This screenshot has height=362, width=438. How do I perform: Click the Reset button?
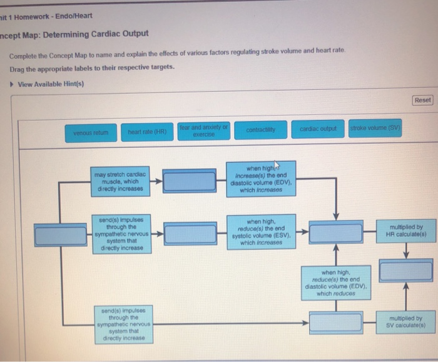(423, 100)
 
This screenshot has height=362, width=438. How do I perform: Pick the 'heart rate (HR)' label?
(146, 132)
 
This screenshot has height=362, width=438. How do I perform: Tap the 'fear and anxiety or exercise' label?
(204, 130)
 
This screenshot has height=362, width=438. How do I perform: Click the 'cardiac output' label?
(318, 129)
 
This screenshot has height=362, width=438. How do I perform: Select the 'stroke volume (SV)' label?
(375, 129)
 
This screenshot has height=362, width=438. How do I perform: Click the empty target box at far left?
(59, 235)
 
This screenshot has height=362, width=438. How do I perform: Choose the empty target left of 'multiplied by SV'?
(337, 323)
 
